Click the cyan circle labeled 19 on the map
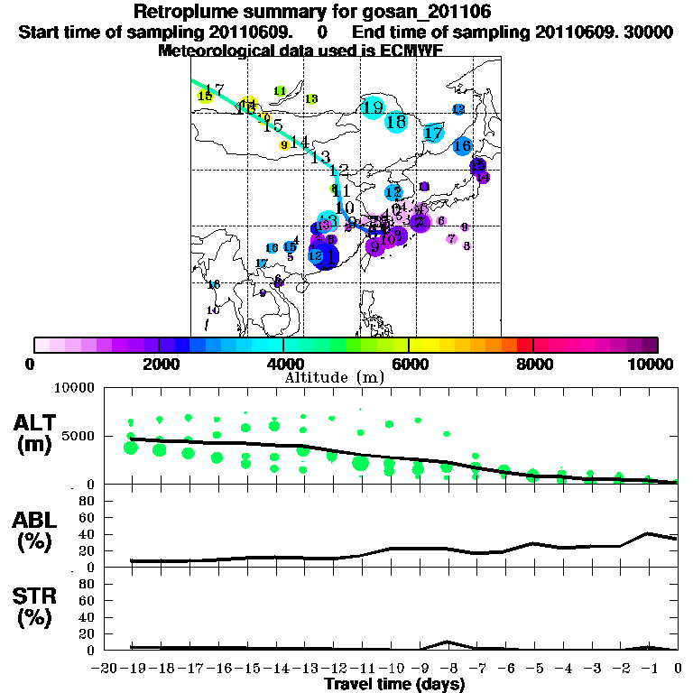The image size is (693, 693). (x=372, y=108)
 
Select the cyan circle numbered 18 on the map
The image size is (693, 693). (x=396, y=121)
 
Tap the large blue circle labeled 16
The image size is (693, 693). (x=463, y=145)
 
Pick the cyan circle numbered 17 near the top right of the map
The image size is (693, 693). (x=434, y=134)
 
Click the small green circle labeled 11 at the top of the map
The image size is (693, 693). (x=280, y=91)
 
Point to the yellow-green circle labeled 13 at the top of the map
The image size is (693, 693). (x=311, y=98)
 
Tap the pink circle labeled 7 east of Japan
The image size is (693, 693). (x=451, y=239)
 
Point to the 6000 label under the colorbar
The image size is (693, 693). (x=409, y=364)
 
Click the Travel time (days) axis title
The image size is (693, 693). (x=394, y=684)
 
